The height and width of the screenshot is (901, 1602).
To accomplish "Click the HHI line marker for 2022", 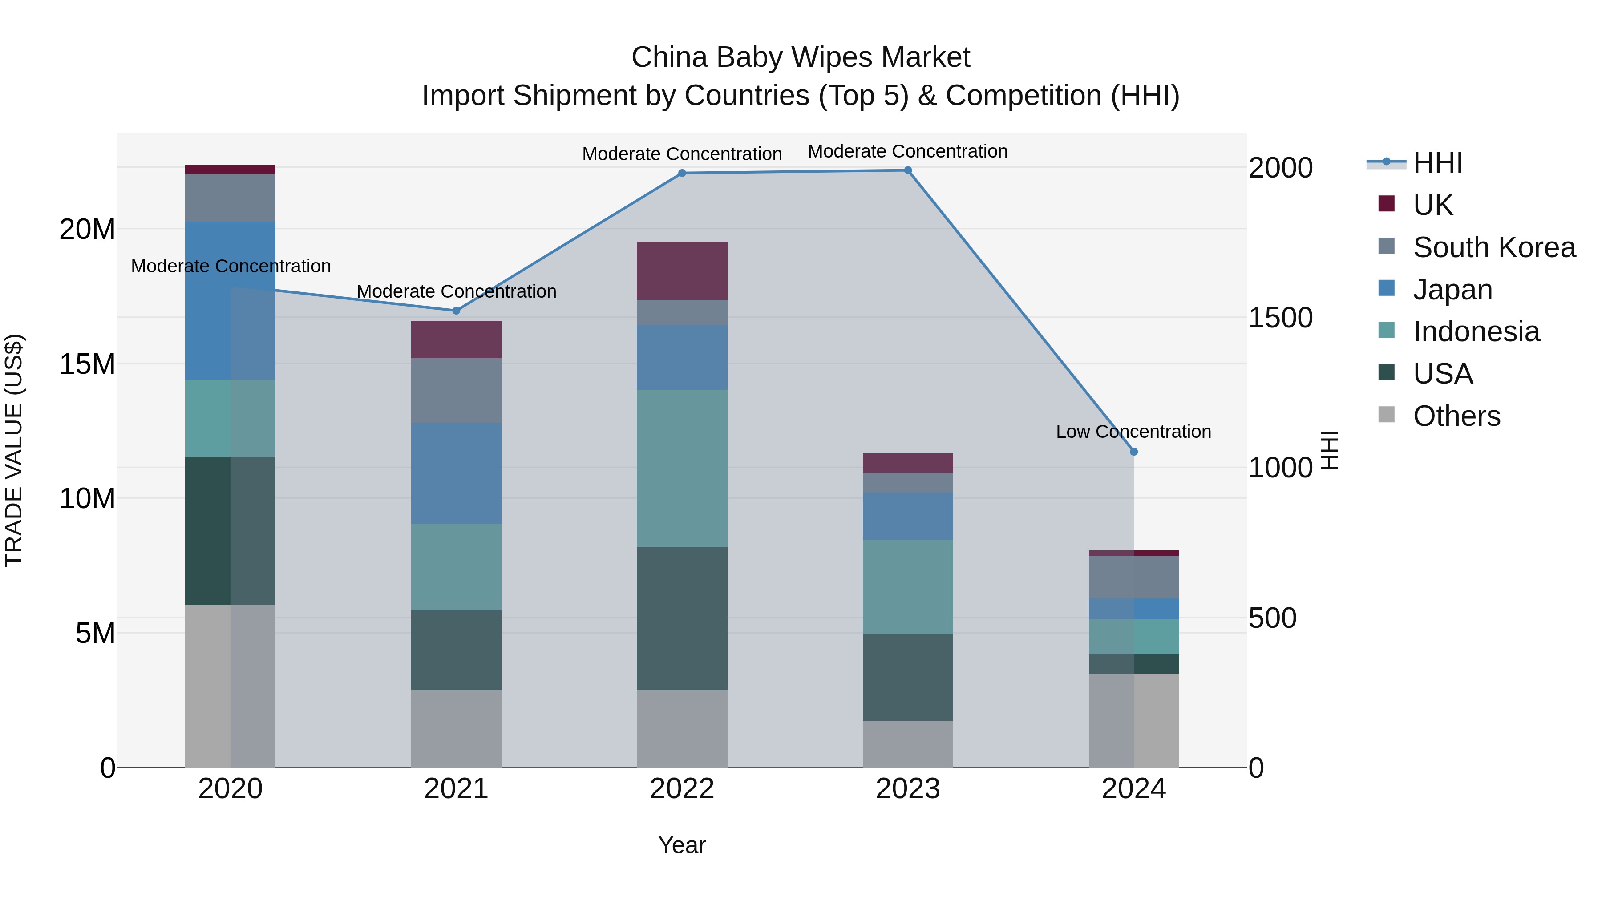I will [682, 173].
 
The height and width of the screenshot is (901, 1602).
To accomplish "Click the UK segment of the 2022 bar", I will [682, 271].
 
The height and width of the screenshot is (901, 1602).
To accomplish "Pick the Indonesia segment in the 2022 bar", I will [682, 468].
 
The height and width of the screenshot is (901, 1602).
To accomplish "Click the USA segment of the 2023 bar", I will [907, 677].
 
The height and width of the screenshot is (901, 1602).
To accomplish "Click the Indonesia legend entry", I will [1476, 331].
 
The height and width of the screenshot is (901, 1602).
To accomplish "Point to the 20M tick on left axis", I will [87, 230].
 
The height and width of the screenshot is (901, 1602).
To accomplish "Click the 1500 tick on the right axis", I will [1280, 318].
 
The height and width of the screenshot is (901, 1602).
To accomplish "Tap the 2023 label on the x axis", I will [907, 789].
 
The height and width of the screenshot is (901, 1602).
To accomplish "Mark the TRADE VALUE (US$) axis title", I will [14, 450].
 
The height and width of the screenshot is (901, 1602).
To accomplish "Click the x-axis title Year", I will [682, 845].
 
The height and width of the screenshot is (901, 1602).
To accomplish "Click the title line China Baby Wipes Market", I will [801, 57].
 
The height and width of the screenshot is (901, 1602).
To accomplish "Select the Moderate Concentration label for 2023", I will [907, 151].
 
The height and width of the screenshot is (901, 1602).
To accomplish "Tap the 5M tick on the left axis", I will [95, 633].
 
